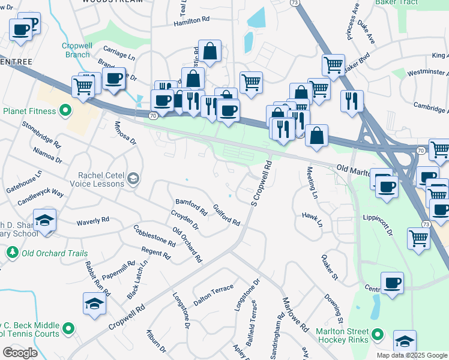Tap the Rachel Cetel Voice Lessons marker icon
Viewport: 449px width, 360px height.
pyautogui.click(x=133, y=178)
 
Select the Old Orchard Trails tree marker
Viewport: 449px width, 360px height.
pyautogui.click(x=12, y=253)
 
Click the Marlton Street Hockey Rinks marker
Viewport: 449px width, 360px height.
pyautogui.click(x=378, y=334)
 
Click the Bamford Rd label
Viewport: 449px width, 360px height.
pyautogui.click(x=191, y=208)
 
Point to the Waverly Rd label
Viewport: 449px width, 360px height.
pyautogui.click(x=92, y=223)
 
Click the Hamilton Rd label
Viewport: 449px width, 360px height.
pyautogui.click(x=191, y=20)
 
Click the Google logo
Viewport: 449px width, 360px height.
pyautogui.click(x=20, y=352)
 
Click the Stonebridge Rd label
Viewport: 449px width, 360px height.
pyautogui.click(x=41, y=136)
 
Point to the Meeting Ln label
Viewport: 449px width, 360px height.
pyautogui.click(x=312, y=182)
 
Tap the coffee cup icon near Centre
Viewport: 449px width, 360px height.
pyautogui.click(x=392, y=283)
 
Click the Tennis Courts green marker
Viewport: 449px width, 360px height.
pyautogui.click(x=68, y=328)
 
